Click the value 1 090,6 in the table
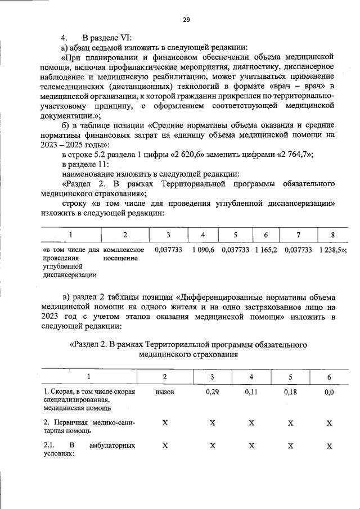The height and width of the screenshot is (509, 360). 202,249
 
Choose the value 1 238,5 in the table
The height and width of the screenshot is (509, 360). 332,249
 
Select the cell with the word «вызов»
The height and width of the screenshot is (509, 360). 164,392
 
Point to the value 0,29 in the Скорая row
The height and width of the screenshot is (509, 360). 212,392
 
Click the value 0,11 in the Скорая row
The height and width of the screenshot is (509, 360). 251,392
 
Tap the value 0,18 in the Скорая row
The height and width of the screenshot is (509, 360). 290,392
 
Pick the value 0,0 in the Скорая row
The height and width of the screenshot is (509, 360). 329,392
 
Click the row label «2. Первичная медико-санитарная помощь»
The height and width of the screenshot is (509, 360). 89,426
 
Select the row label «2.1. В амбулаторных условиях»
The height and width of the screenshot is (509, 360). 89,450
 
